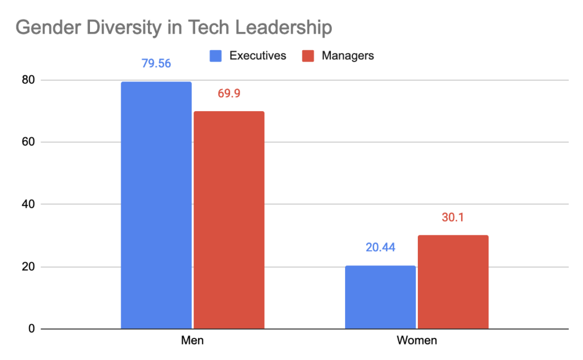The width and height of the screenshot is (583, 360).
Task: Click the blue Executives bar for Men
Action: [x=156, y=205]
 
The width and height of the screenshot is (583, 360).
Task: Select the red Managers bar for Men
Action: [x=229, y=220]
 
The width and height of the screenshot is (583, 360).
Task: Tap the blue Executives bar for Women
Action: [x=380, y=297]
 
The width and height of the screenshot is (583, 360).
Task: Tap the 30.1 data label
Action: [x=453, y=217]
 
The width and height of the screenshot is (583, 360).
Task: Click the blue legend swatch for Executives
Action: [x=216, y=56]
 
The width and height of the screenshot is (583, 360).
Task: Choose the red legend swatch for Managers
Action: [x=309, y=56]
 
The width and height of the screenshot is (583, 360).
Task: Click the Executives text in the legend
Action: [x=257, y=56]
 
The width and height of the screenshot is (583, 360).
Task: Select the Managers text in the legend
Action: [x=348, y=56]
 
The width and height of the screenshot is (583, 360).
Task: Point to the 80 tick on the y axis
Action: [x=29, y=80]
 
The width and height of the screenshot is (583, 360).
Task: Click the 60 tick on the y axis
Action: [x=29, y=142]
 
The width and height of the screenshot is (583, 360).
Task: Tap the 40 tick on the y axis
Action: [x=29, y=204]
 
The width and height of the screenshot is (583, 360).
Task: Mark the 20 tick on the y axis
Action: [x=29, y=267]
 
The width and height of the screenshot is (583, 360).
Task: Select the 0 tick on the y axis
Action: [x=32, y=329]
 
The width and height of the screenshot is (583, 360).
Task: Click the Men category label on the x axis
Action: [x=192, y=341]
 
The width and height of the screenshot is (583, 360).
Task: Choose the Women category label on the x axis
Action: [x=417, y=341]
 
